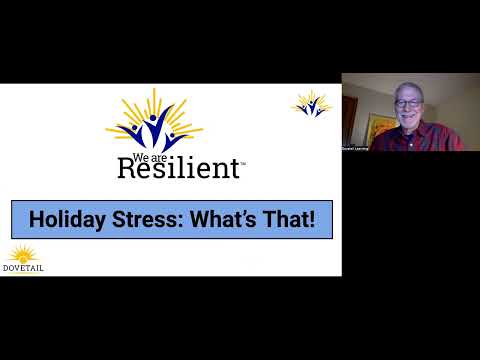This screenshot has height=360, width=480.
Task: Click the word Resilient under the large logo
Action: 179,166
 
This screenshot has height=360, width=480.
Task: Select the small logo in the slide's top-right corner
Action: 311,103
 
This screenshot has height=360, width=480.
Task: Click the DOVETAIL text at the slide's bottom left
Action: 25,267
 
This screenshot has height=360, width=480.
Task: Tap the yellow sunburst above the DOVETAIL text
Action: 21,253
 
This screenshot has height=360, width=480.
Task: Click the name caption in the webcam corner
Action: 356,148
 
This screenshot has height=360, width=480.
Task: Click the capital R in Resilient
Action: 129,167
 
